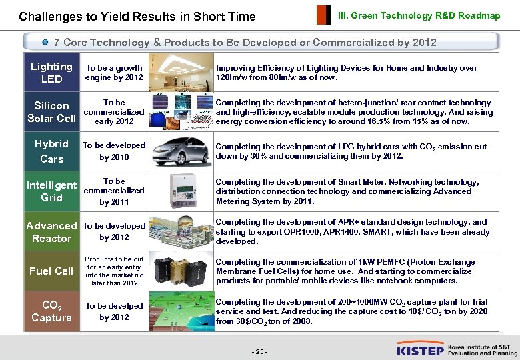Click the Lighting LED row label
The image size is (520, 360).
coord(51,73)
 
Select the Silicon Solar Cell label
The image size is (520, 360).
coord(51,112)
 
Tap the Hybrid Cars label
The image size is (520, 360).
coord(51,151)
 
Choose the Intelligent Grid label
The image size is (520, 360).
coord(51,191)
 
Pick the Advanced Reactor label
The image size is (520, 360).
coord(51,232)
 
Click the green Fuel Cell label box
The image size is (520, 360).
coord(51,271)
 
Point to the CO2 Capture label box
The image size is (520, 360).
coord(51,311)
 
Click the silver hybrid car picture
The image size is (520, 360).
coord(179,151)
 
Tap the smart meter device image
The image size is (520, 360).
coord(179,192)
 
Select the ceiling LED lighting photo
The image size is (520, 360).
coord(179,72)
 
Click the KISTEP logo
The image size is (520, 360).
coord(421,348)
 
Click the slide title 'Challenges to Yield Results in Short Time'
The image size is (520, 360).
coord(137,16)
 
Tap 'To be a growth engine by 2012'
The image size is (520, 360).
coord(114,73)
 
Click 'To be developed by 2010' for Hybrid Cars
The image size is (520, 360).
coord(113,151)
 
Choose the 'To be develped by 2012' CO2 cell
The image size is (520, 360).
coord(113,311)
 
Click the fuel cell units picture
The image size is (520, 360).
coord(179,271)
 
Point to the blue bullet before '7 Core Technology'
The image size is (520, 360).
coord(45,42)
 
